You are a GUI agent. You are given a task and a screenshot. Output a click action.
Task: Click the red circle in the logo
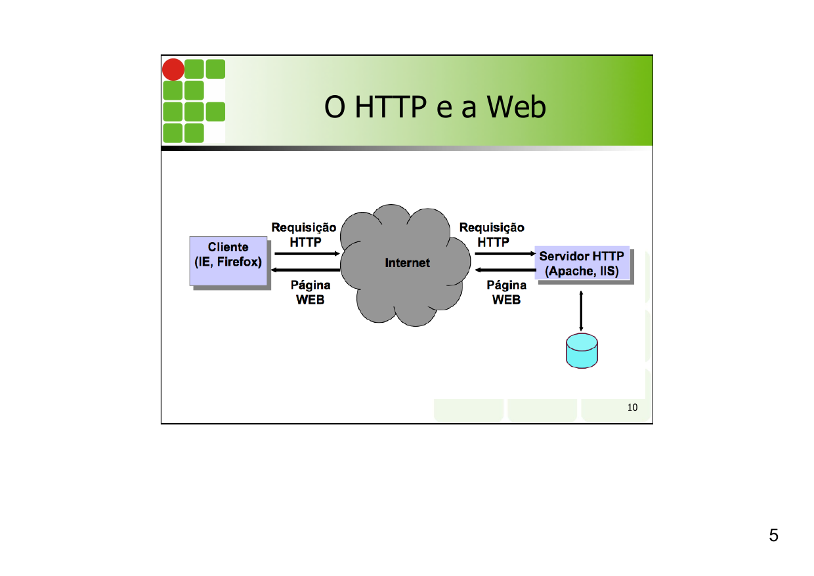tap(173, 70)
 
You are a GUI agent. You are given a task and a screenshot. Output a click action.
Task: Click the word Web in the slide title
tap(516, 108)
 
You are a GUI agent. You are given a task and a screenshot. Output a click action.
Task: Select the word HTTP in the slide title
tap(391, 108)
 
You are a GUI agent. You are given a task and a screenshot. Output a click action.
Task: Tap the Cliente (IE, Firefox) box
tap(228, 261)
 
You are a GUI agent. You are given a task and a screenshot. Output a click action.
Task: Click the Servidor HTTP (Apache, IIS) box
tap(582, 263)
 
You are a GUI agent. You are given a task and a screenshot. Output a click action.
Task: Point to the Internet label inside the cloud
tap(407, 262)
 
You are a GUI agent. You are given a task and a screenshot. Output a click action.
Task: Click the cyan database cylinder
tap(582, 351)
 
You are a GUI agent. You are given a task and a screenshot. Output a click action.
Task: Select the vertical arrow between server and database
tap(582, 310)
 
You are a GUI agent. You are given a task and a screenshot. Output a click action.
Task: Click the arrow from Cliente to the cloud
tap(306, 253)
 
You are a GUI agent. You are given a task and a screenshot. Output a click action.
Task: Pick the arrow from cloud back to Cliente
tap(306, 270)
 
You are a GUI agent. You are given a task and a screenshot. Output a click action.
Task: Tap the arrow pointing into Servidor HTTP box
tap(504, 253)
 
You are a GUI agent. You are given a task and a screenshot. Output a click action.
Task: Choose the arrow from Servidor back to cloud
tap(504, 270)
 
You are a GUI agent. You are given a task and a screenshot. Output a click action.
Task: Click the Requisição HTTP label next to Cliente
tap(304, 234)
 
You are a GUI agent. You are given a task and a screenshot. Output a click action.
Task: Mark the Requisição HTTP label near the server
tap(492, 234)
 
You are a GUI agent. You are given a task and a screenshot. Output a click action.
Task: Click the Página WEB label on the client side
tap(310, 293)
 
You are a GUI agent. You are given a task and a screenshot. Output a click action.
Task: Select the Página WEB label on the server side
tap(506, 293)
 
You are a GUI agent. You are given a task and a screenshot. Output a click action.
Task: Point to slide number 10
tap(632, 407)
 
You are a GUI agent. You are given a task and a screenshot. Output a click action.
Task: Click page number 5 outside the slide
tap(773, 535)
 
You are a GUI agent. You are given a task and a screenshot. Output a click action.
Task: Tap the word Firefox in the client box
tap(243, 262)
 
